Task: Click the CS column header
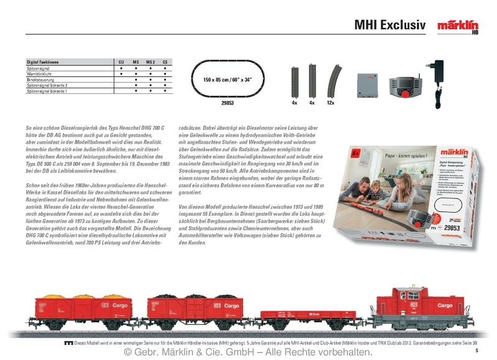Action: tap(165, 63)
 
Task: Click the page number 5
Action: tap(485, 351)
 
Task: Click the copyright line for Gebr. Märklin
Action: tap(248, 352)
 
